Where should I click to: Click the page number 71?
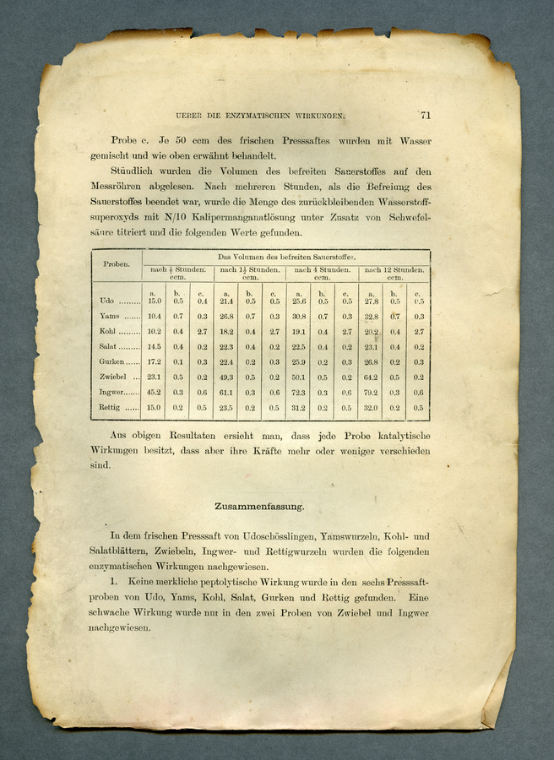pyautogui.click(x=425, y=116)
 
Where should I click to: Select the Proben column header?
pyautogui.click(x=116, y=263)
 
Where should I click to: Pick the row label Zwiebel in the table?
pyautogui.click(x=112, y=377)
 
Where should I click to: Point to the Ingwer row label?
pyautogui.click(x=112, y=393)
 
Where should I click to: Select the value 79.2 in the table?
pyautogui.click(x=372, y=393)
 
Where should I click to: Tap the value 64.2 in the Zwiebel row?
pyautogui.click(x=372, y=377)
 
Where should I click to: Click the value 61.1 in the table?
pyautogui.click(x=226, y=393)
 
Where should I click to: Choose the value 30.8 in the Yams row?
pyautogui.click(x=299, y=316)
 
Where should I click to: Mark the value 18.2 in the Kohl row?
pyautogui.click(x=226, y=331)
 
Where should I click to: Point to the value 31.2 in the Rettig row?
pyautogui.click(x=299, y=408)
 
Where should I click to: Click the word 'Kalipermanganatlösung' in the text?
pyautogui.click(x=209, y=217)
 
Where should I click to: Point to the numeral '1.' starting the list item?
pyautogui.click(x=116, y=583)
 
